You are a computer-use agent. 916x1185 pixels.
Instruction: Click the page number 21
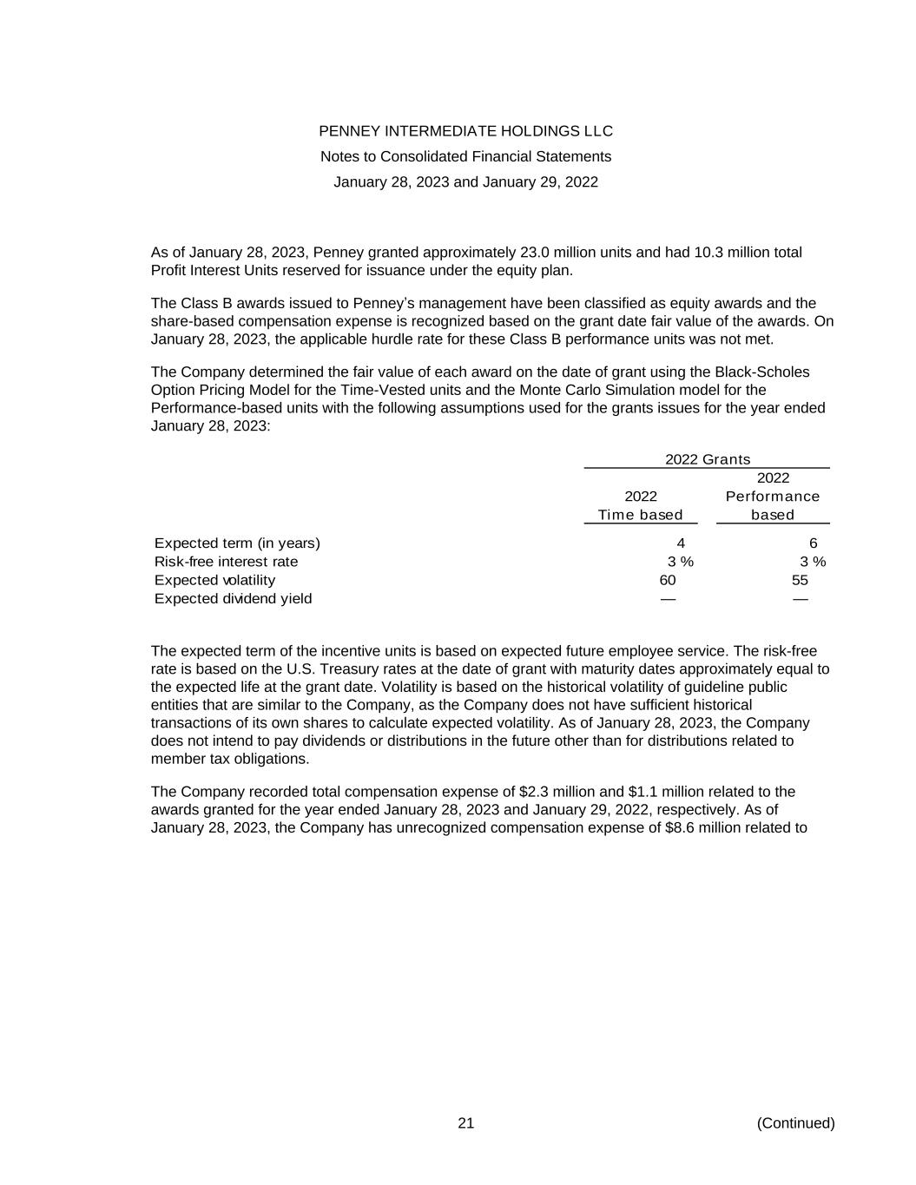point(466,1123)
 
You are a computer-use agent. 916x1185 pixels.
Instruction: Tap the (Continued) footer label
point(795,1123)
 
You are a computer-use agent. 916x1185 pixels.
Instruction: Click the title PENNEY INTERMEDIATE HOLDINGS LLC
point(465,131)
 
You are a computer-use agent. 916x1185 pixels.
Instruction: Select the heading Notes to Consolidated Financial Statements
point(465,156)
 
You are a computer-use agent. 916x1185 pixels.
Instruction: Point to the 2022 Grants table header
point(708,459)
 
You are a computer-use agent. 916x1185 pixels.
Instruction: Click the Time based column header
point(641,515)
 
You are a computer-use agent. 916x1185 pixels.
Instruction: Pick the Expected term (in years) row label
point(237,543)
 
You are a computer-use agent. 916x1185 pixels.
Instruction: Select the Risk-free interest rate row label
point(226,562)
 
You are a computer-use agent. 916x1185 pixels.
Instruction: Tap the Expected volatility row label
point(214,580)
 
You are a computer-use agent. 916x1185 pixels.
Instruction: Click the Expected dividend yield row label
point(233,599)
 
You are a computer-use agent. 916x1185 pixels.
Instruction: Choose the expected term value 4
point(681,543)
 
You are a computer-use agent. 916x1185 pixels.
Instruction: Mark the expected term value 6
point(813,543)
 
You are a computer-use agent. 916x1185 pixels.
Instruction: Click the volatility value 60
point(668,580)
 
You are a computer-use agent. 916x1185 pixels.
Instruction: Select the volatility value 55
point(800,580)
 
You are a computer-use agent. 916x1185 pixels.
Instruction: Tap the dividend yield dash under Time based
point(668,599)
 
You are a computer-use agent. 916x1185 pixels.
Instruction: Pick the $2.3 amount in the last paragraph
point(533,792)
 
